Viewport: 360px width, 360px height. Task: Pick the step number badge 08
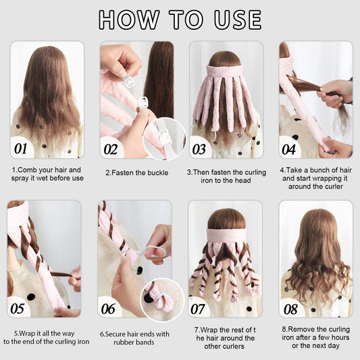290,308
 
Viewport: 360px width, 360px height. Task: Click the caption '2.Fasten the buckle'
136,172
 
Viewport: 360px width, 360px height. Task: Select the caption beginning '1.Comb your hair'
47,174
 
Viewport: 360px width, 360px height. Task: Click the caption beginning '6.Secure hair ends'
135,337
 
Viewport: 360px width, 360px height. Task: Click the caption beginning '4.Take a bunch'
315,178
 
